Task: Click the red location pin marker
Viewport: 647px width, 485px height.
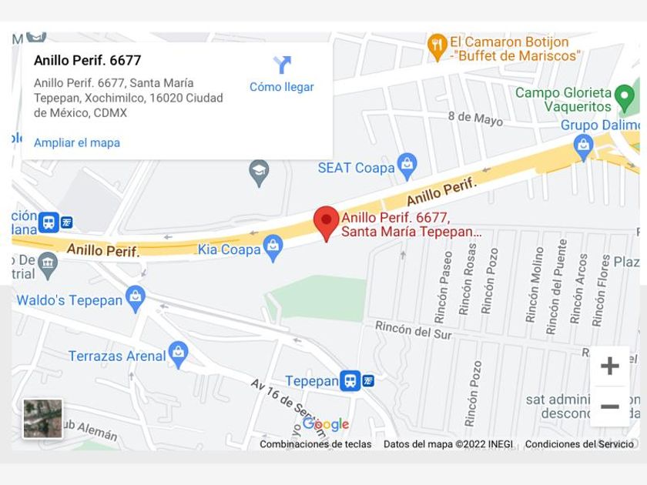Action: tap(326, 222)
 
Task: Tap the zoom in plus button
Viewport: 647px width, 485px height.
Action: tap(609, 366)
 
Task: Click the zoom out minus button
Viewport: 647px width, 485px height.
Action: tap(609, 406)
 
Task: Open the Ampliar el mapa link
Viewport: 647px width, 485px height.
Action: tap(77, 142)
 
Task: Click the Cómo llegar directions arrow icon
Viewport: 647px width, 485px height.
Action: tap(282, 65)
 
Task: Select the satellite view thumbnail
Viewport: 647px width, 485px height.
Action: tap(42, 419)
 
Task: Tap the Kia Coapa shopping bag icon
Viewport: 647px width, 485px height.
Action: tap(273, 248)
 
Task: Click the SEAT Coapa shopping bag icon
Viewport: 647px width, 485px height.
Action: tap(407, 166)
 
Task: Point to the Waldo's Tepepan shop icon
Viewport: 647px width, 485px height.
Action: tap(136, 299)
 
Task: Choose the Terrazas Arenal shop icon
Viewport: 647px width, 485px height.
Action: tap(178, 354)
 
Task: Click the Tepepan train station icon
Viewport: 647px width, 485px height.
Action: tap(350, 380)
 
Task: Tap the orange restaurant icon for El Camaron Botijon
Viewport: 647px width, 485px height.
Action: tap(437, 48)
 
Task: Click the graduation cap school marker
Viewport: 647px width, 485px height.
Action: tap(260, 172)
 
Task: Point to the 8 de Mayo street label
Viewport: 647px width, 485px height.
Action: tap(474, 118)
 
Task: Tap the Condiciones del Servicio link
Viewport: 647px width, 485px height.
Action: tap(579, 444)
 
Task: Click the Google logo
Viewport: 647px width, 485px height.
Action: tap(326, 424)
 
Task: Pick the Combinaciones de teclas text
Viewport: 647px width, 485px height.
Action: tap(315, 444)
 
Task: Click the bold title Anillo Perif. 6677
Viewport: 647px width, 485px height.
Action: tap(88, 60)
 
